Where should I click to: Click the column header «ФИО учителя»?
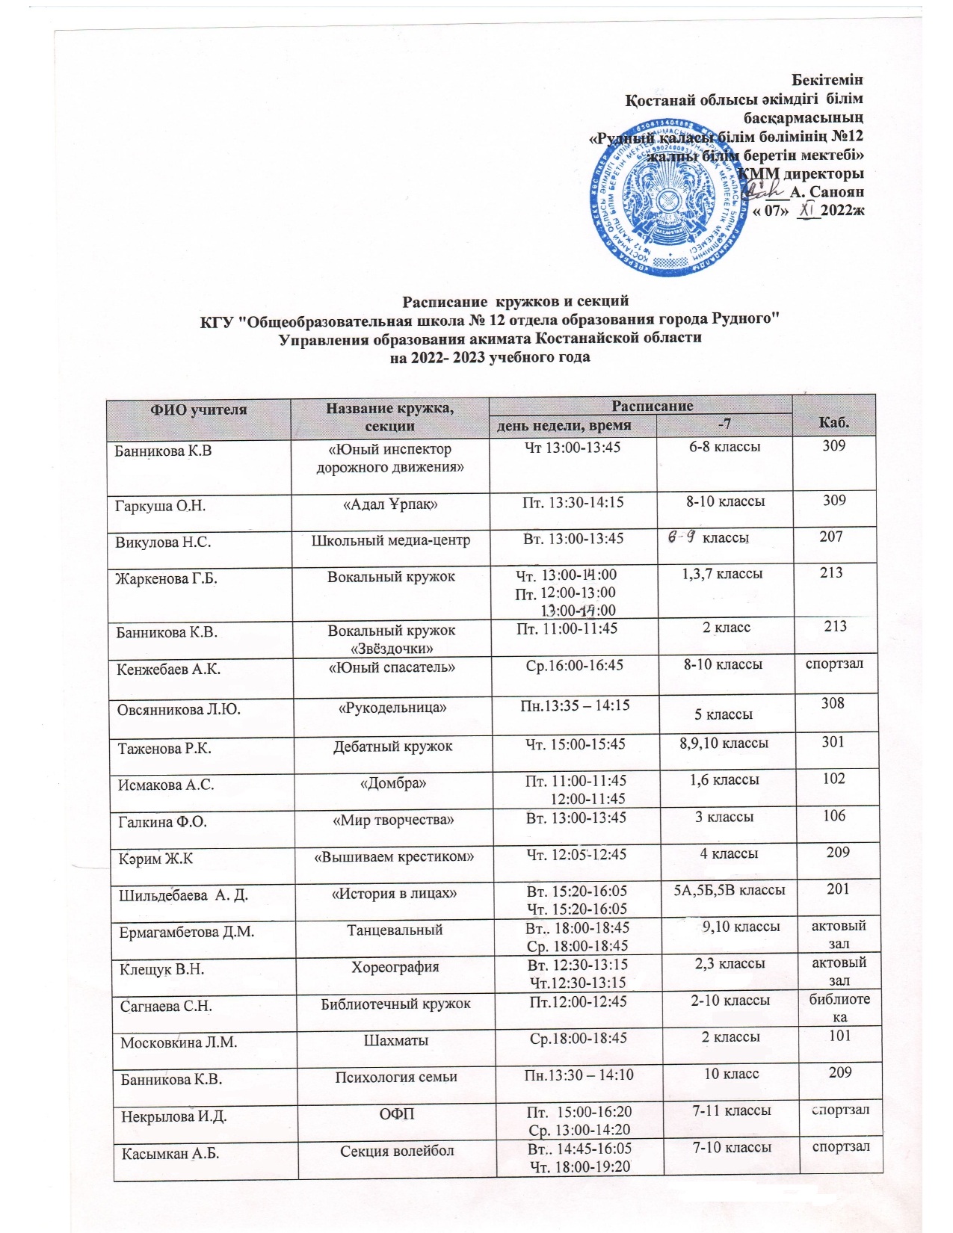[x=199, y=410]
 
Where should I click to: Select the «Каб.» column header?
[x=833, y=423]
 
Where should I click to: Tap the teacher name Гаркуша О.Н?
[x=161, y=506]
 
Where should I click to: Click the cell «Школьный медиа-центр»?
[x=391, y=540]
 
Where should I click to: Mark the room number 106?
[x=834, y=816]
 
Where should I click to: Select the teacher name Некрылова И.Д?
[x=174, y=1117]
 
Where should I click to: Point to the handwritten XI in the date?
[x=806, y=211]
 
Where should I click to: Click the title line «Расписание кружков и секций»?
[x=516, y=301]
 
